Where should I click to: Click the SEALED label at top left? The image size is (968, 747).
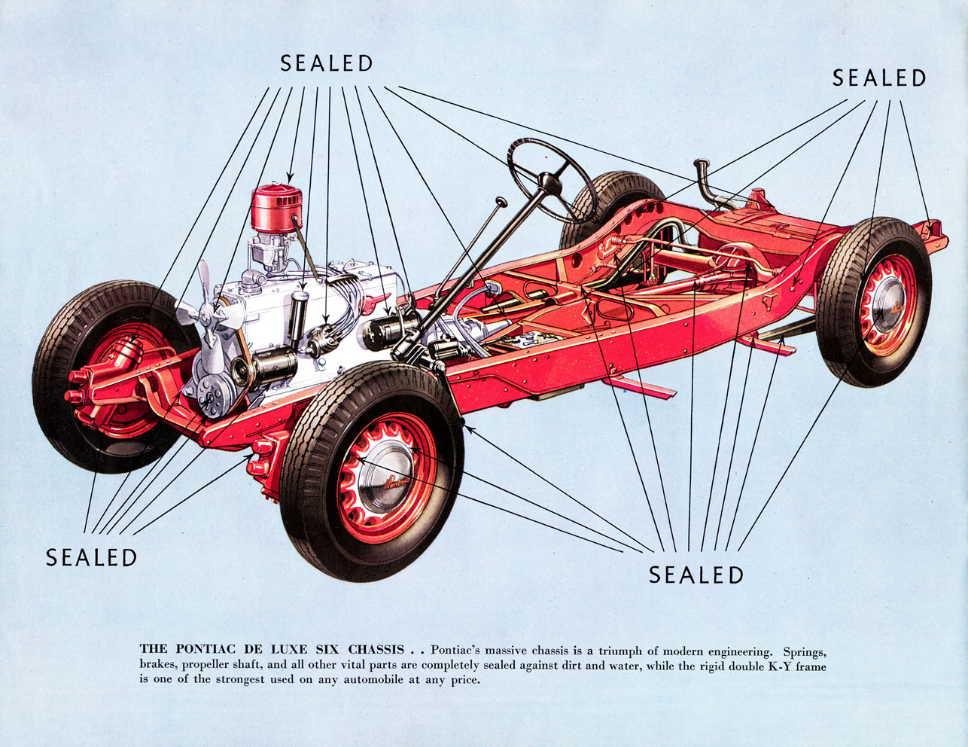click(x=327, y=63)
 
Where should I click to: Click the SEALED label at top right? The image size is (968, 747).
click(x=878, y=78)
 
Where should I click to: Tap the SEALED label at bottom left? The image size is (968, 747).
click(x=91, y=557)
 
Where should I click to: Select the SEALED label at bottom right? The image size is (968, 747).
click(x=696, y=575)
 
